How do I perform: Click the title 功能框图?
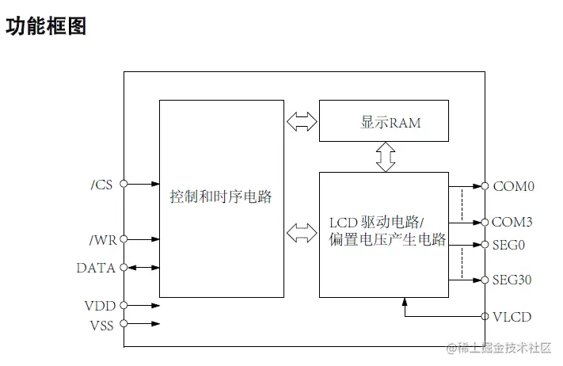pyautogui.click(x=46, y=25)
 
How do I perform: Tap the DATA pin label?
pyautogui.click(x=96, y=268)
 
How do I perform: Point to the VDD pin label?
pyautogui.click(x=100, y=305)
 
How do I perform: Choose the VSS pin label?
pyautogui.click(x=101, y=323)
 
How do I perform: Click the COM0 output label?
pyautogui.click(x=514, y=187)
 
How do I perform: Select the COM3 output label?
pyautogui.click(x=514, y=222)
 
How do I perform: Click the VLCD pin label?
pyautogui.click(x=512, y=317)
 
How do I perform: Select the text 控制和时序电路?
pyautogui.click(x=221, y=196)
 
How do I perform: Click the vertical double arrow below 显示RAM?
pyautogui.click(x=386, y=156)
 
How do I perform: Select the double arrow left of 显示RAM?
pyautogui.click(x=301, y=122)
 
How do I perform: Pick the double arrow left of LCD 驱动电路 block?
pyautogui.click(x=301, y=233)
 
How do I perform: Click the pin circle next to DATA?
pyautogui.click(x=124, y=268)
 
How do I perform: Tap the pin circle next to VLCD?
pyautogui.click(x=484, y=317)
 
